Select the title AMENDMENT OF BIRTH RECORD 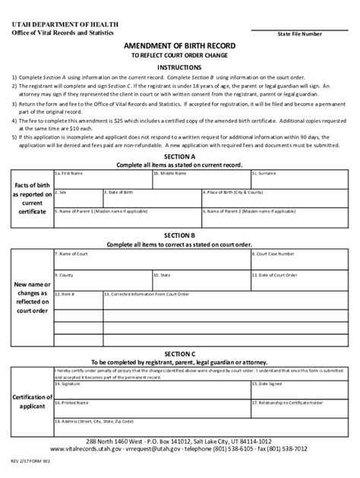pyautogui.click(x=180, y=47)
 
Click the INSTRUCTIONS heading pyautogui.click(x=180, y=67)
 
